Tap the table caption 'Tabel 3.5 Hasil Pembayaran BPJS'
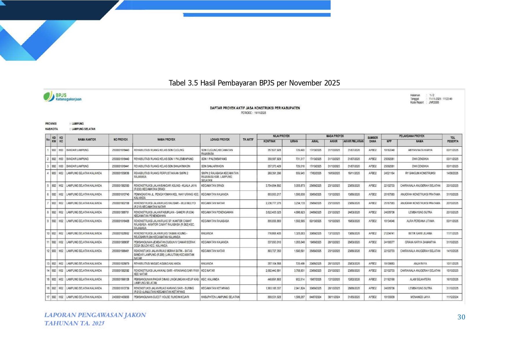tap(254, 83)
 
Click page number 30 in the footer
tap(461, 317)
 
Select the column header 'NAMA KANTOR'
tap(87, 140)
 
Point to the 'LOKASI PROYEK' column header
tap(220, 140)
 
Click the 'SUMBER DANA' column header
tap(372, 140)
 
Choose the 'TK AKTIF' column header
tap(248, 140)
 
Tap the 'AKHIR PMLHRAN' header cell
tap(353, 141)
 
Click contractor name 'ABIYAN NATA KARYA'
tap(420, 150)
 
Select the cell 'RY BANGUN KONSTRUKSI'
tap(420, 173)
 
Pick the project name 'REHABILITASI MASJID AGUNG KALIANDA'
tap(157, 264)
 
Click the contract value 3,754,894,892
tap(273, 186)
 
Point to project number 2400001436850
tap(120, 297)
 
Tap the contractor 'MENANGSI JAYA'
tap(420, 297)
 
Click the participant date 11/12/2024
tap(452, 297)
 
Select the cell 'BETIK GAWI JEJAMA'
tap(420, 234)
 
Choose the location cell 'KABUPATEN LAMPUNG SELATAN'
tap(220, 297)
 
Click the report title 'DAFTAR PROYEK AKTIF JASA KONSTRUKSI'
tap(255, 108)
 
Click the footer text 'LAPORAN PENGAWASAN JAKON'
tap(95, 315)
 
